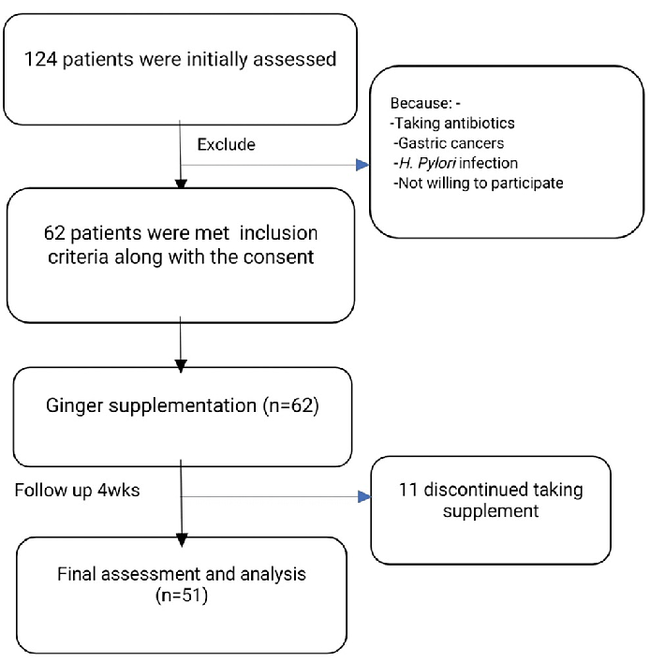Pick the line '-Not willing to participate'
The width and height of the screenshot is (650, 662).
coord(478,184)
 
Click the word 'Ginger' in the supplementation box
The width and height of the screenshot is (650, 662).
coord(71,407)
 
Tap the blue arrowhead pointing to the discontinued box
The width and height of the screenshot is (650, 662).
coord(363,497)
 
